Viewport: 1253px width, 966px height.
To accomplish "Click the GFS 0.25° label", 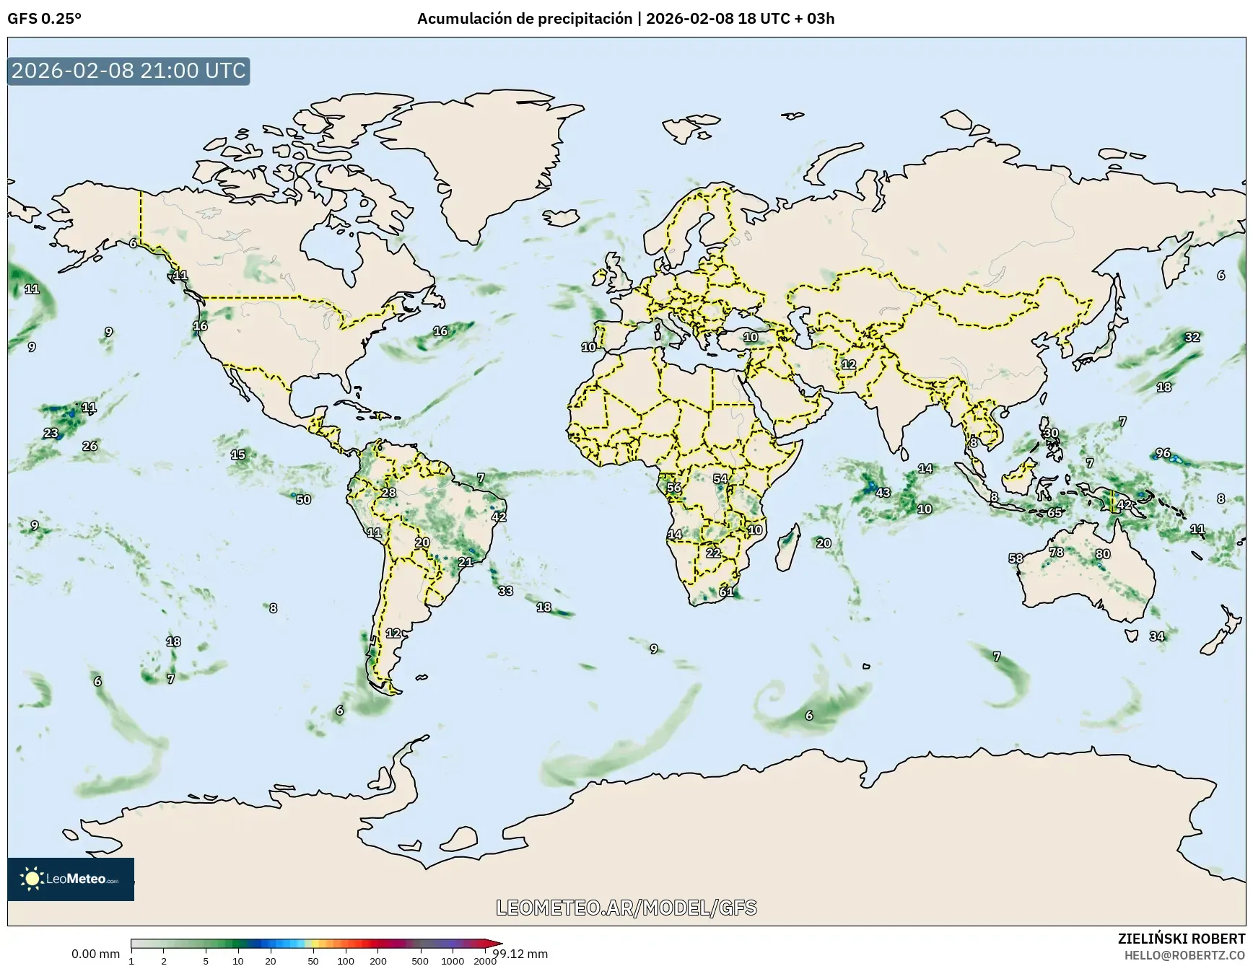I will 44,19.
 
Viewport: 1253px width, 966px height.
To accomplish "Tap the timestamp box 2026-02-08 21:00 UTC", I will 128,71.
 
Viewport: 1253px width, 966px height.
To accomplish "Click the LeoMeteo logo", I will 71,879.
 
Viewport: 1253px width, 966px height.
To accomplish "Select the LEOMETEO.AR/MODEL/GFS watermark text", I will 626,908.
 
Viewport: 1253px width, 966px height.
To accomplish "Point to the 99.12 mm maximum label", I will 520,954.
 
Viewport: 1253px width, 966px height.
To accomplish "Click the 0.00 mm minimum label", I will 95,954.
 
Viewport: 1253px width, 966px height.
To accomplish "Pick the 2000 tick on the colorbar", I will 484,961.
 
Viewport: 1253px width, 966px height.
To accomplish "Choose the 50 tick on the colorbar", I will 313,961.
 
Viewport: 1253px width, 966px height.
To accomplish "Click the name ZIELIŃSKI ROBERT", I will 1182,939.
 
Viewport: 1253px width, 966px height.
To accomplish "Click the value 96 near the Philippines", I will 1163,453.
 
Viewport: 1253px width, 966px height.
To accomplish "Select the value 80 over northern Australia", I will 1103,554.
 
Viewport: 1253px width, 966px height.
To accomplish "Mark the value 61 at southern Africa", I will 726,592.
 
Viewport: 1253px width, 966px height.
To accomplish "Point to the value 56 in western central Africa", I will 673,488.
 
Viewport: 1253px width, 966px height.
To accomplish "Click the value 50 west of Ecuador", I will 303,499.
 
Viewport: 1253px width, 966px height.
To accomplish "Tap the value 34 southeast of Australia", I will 1157,636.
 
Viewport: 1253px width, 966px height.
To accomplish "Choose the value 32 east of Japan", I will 1192,337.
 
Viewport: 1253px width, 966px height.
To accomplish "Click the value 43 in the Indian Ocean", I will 883,493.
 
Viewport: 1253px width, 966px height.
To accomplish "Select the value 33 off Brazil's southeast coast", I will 505,591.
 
